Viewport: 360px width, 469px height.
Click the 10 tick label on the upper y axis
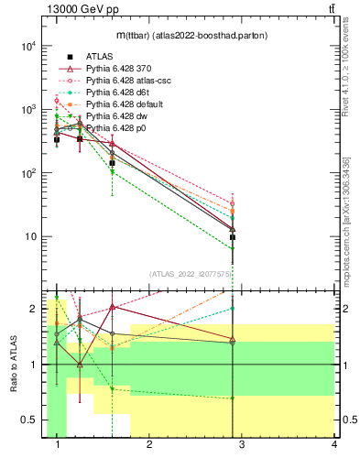30,237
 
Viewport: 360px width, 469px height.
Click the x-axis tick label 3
242,444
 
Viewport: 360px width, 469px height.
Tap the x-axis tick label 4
333,444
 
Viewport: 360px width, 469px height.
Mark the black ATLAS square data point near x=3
233,237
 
